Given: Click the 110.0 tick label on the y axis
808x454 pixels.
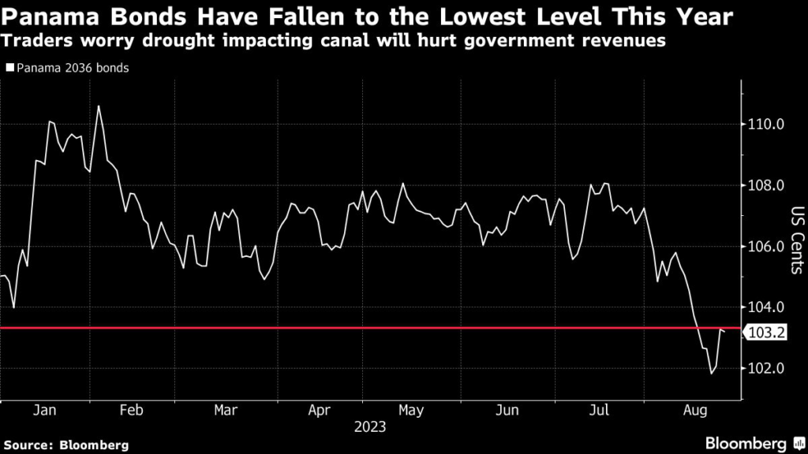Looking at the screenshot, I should point(766,125).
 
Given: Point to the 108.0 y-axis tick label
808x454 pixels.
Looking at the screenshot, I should point(766,186).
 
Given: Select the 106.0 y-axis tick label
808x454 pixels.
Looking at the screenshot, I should point(766,247).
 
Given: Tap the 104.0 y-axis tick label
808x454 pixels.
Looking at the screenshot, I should point(766,307).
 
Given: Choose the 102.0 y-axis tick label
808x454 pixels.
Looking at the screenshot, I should point(766,368).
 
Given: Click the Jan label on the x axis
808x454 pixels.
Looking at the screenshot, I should point(44,410).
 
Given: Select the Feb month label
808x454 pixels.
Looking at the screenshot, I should point(132,410).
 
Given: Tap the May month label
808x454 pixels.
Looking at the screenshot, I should point(411,410).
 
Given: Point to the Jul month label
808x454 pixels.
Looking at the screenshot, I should point(600,410).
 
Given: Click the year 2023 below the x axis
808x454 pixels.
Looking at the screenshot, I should point(369,427).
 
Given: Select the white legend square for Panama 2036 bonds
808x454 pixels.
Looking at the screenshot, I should point(9,68).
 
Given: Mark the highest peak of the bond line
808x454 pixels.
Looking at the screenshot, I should point(98,106).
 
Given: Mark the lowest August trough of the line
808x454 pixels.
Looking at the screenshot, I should point(711,374).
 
